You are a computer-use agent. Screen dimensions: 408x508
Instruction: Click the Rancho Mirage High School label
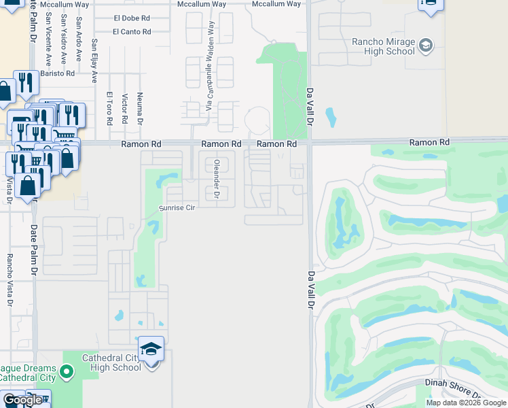[382, 46]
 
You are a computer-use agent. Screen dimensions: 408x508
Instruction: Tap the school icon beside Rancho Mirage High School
[426, 46]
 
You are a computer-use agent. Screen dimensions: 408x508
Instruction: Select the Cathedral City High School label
[111, 362]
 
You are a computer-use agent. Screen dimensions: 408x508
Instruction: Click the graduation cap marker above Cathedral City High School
[151, 350]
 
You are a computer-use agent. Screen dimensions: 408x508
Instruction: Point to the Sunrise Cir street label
[177, 207]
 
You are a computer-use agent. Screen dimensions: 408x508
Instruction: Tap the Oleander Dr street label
[216, 179]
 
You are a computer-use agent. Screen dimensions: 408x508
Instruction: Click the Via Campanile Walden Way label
[210, 66]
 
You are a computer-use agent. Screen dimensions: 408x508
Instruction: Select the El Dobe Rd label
[132, 18]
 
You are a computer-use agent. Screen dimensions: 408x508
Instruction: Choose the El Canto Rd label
[132, 31]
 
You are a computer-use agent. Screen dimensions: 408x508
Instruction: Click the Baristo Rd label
[57, 73]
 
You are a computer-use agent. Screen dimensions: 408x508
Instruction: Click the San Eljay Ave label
[95, 61]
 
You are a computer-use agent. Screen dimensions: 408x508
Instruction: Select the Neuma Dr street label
[139, 109]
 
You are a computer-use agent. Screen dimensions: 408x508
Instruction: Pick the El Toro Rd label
[109, 109]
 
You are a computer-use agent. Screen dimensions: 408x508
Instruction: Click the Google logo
[22, 400]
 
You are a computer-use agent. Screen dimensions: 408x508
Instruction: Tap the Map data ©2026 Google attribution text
[466, 403]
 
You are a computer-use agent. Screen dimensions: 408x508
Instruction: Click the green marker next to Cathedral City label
[66, 371]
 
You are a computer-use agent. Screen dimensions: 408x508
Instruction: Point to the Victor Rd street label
[124, 109]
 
